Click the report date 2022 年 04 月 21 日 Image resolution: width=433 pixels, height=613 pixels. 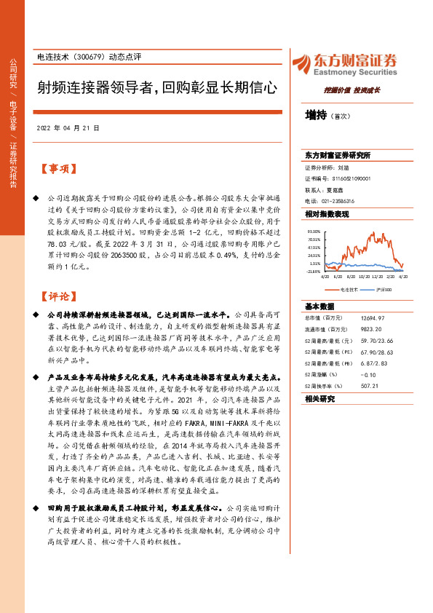pyautogui.click(x=68, y=127)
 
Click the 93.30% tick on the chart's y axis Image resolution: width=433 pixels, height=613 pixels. pyautogui.click(x=314, y=231)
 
